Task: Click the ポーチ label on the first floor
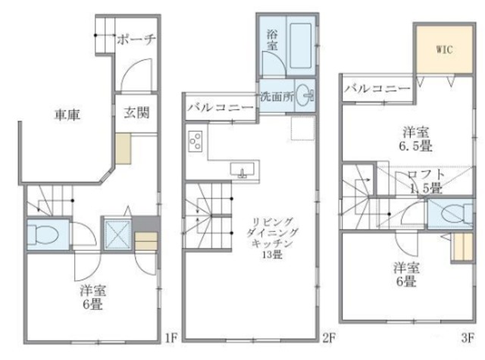pos(136,40)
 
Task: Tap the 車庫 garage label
pos(68,115)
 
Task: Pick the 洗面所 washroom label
pos(275,97)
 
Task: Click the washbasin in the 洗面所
pos(304,96)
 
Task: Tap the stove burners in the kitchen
pos(196,142)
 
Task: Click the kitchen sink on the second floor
pos(242,171)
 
